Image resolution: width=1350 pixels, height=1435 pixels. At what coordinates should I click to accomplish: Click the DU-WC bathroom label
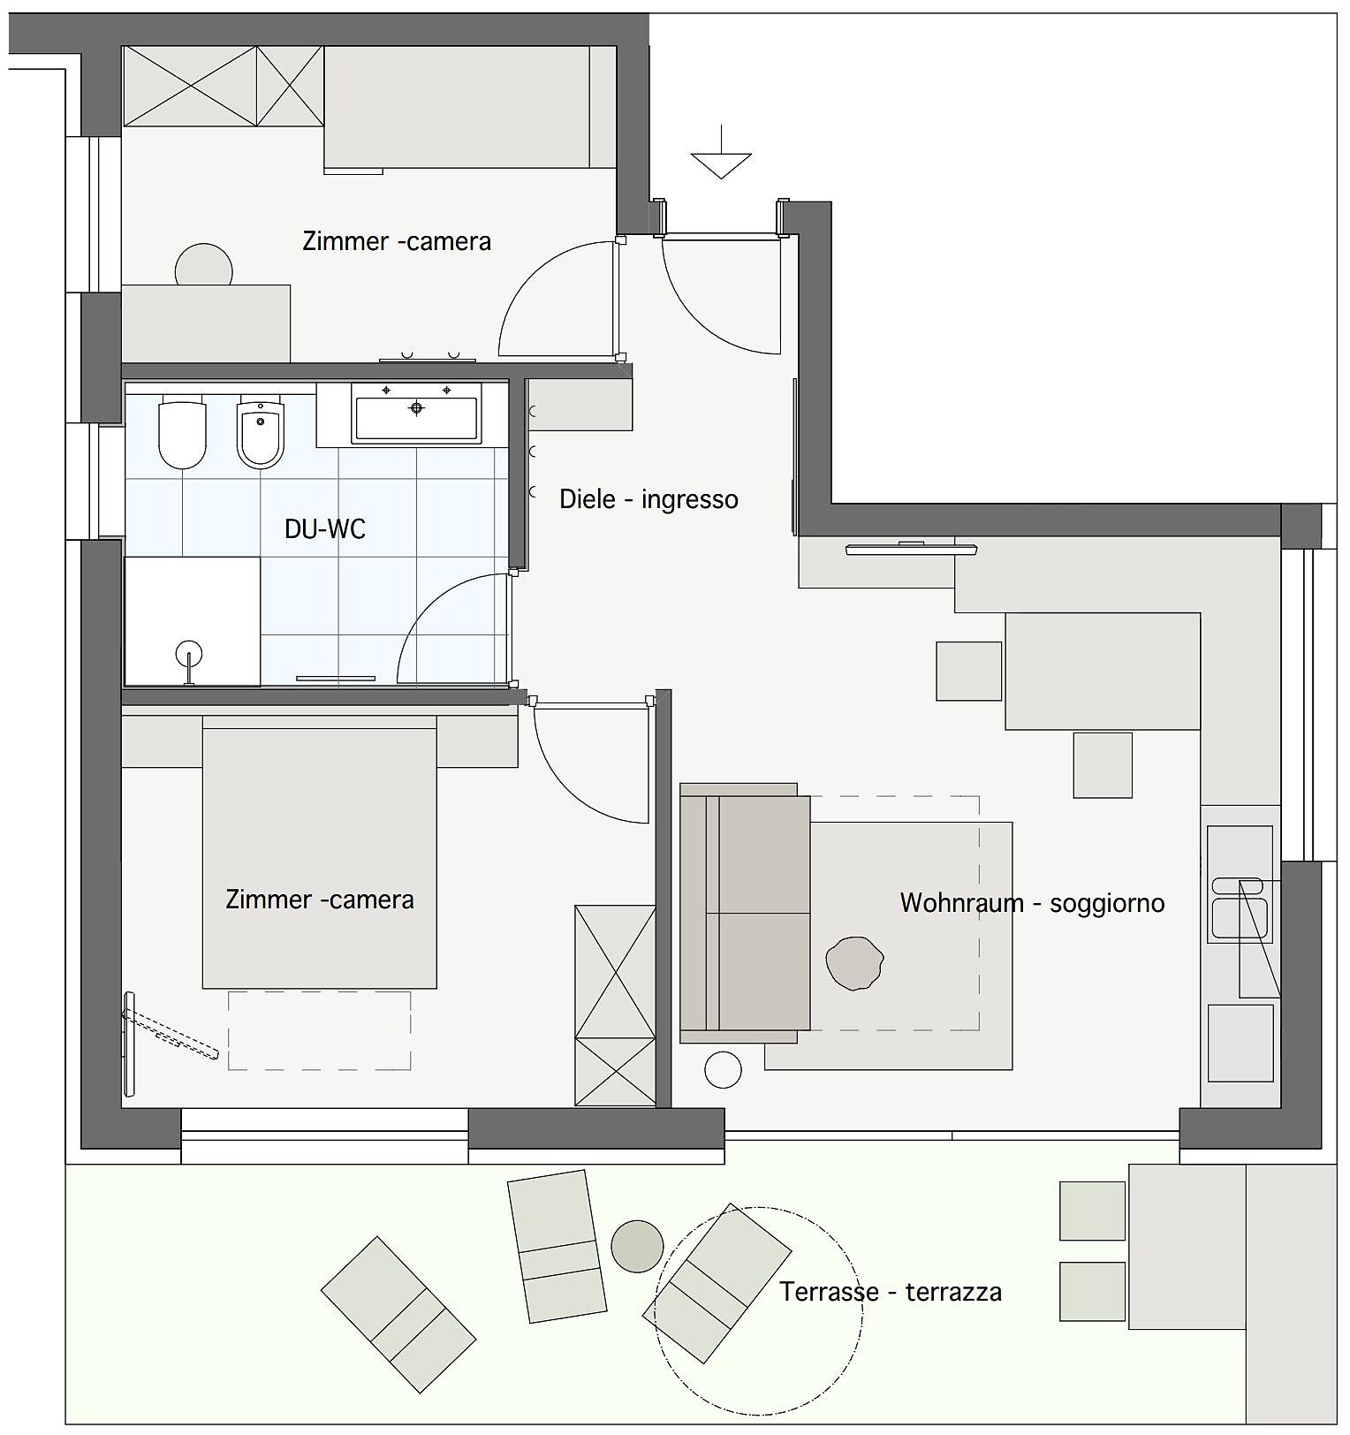pyautogui.click(x=324, y=528)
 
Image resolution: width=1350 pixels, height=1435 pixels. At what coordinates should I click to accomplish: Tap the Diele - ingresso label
pyautogui.click(x=648, y=499)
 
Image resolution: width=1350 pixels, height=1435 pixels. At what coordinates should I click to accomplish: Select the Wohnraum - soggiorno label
pyautogui.click(x=1032, y=903)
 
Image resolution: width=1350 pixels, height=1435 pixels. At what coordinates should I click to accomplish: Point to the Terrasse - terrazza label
pyautogui.click(x=891, y=1292)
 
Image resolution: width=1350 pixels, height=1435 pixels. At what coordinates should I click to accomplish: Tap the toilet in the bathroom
pyautogui.click(x=182, y=435)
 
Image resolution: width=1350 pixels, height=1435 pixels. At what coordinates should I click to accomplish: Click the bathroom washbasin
pyautogui.click(x=416, y=413)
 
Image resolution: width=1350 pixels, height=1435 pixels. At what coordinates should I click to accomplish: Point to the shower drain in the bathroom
pyautogui.click(x=189, y=655)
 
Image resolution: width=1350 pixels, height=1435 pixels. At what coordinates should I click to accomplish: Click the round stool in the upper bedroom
pyautogui.click(x=204, y=265)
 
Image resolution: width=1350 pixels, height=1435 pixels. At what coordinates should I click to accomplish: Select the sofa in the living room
pyautogui.click(x=745, y=914)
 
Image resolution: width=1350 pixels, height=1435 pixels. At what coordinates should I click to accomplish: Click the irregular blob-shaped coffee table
pyautogui.click(x=854, y=963)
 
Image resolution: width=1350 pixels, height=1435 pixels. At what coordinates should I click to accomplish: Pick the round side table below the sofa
pyautogui.click(x=723, y=1070)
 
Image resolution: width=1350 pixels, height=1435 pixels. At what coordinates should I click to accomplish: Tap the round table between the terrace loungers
pyautogui.click(x=637, y=1246)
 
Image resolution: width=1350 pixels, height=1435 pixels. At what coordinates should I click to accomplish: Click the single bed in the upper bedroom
pyautogui.click(x=470, y=107)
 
